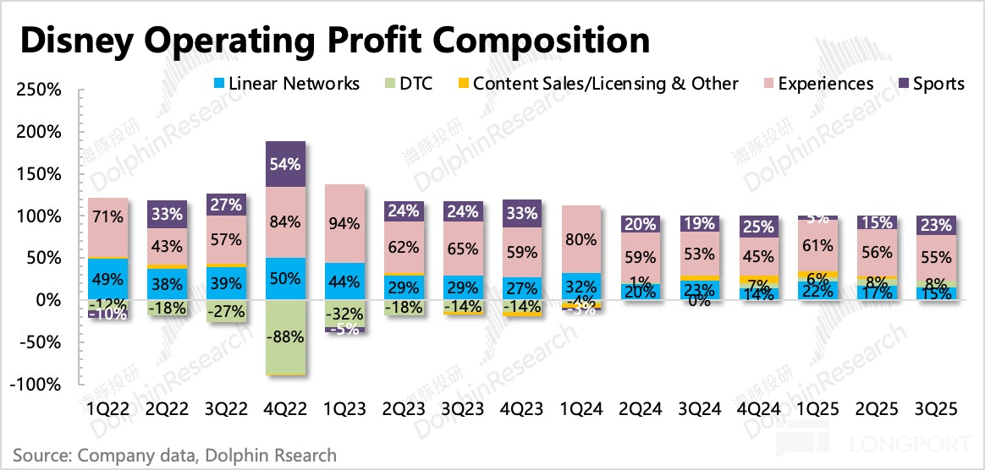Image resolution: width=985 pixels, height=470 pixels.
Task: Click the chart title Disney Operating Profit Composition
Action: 335,40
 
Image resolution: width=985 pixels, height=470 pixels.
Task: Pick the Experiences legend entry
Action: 825,84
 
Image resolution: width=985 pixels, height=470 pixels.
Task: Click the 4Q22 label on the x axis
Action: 285,408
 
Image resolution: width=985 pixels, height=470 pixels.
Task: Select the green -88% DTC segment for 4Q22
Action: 285,337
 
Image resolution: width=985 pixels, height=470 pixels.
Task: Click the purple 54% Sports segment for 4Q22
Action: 285,164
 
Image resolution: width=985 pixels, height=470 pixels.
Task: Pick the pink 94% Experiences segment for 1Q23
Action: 345,223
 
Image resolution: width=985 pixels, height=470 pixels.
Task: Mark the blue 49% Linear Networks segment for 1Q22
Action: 107,279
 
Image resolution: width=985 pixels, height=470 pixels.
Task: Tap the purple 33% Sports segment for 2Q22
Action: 166,214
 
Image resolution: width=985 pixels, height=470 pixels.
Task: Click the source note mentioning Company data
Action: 174,456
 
